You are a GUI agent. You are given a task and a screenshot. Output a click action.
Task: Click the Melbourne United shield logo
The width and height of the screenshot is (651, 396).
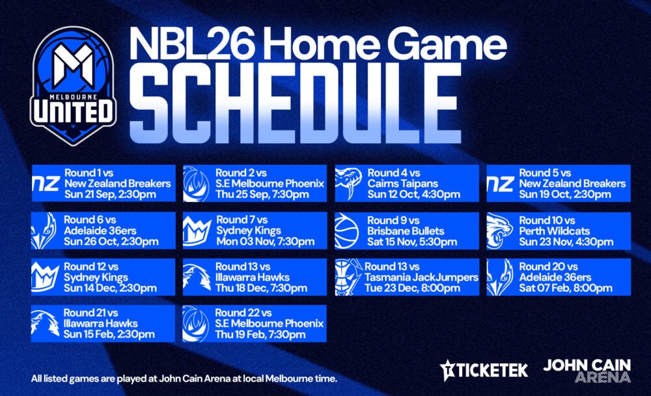[74, 86]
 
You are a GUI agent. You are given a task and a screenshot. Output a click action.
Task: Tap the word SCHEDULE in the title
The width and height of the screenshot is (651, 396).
[296, 104]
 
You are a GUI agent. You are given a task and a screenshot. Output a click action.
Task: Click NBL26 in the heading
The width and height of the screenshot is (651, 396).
[192, 43]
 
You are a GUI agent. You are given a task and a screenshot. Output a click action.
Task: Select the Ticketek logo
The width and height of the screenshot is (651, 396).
[484, 370]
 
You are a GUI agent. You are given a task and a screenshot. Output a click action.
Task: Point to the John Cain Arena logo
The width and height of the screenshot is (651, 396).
[587, 371]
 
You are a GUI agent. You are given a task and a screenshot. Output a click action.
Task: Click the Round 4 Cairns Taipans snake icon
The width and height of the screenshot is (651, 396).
[348, 183]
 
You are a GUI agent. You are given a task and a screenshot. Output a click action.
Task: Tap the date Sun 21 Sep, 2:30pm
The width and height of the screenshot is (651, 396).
[110, 195]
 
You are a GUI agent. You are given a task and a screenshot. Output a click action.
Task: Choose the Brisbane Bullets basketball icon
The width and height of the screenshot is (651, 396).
[346, 231]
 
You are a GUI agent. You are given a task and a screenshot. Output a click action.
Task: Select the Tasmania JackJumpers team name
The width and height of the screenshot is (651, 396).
[421, 277]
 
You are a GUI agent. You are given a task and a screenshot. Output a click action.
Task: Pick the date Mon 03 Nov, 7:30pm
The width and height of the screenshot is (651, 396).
[266, 242]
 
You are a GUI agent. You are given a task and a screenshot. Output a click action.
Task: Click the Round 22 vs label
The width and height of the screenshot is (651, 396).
[243, 313]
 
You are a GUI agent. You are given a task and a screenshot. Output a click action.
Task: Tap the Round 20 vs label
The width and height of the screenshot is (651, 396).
[548, 267]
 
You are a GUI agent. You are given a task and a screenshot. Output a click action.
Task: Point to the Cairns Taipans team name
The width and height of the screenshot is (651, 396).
[403, 184]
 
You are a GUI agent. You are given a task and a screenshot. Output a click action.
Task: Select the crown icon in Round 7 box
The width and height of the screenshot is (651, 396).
[197, 231]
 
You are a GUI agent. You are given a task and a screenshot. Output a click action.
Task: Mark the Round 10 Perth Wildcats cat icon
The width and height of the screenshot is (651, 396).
[499, 231]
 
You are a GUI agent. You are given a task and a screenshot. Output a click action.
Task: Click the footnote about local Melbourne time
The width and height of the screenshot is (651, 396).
[184, 379]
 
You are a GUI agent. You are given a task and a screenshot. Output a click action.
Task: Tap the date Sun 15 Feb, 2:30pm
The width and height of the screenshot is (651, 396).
[109, 335]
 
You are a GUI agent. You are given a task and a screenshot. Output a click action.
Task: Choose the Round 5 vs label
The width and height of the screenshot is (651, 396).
[545, 173]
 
